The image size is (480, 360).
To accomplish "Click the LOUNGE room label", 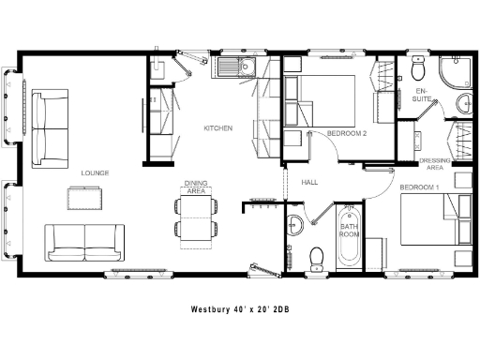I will (96, 173).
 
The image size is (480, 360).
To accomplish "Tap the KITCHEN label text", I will (218, 128).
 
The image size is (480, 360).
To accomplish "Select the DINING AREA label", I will (195, 187).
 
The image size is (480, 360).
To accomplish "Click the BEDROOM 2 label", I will (346, 134).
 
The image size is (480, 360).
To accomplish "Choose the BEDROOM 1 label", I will (419, 187).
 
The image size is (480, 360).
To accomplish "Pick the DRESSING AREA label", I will (435, 164).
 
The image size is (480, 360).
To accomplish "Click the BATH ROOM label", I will (350, 230).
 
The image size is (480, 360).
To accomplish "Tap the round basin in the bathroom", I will (294, 223).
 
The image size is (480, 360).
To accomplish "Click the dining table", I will (195, 217).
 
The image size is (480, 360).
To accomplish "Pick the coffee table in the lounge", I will (86, 198).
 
